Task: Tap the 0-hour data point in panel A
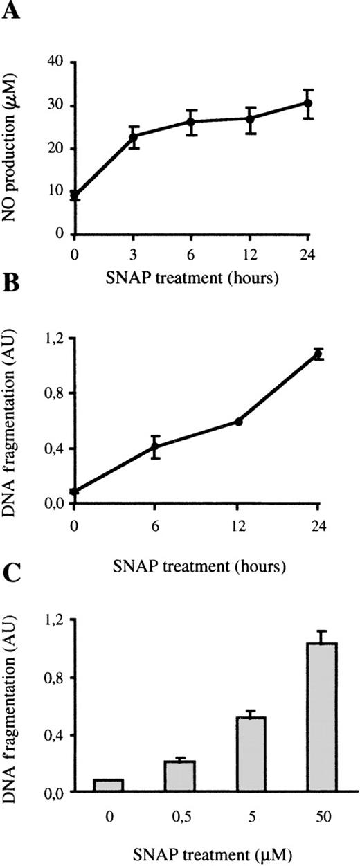tap(74, 195)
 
